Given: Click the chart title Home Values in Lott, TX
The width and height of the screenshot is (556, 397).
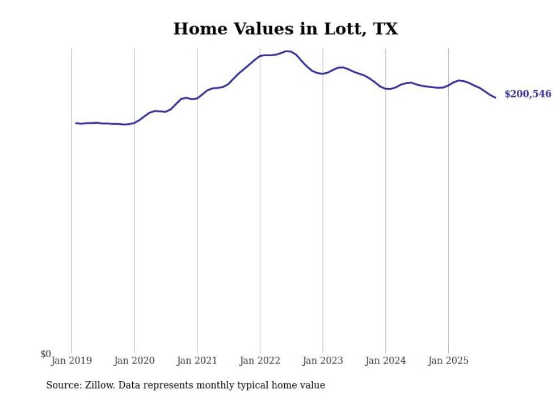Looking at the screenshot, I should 285,28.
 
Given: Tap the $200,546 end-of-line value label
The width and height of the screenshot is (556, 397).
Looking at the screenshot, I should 527,94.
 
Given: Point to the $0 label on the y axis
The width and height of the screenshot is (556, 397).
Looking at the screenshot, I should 45,354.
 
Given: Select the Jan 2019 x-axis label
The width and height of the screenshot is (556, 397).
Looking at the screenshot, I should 71,361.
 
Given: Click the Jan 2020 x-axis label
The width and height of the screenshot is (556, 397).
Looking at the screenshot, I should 134,361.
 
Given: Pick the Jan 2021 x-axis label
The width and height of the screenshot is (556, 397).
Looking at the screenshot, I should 197,361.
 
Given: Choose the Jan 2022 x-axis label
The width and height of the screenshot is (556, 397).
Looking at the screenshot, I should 260,361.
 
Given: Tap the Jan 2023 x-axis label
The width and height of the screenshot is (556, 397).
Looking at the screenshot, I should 323,361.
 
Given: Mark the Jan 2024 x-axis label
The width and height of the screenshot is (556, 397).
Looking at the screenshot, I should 386,361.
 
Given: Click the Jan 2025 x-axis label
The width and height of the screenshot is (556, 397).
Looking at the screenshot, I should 448,361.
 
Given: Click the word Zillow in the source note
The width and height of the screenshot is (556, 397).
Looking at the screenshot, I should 98,385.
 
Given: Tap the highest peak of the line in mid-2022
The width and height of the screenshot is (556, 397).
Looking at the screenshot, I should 288,51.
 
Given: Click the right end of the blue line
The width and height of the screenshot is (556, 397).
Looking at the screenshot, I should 495,98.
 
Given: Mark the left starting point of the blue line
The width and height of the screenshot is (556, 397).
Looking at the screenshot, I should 76,123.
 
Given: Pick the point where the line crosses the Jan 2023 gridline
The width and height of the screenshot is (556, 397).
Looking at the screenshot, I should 323,74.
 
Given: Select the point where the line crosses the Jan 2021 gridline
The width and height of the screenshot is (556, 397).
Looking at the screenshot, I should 197,98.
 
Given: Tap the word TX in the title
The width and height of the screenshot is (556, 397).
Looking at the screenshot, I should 385,28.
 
